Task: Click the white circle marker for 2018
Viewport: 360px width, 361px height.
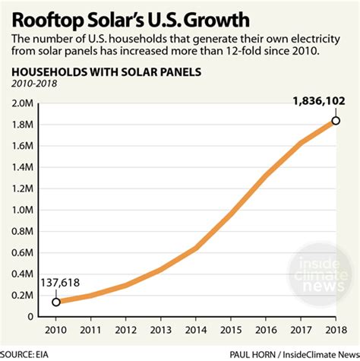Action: tap(336, 121)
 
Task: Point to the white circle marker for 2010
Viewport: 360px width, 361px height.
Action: tap(55, 302)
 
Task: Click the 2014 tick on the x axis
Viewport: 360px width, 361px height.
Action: tap(195, 331)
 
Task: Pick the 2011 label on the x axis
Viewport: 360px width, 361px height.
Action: tap(90, 331)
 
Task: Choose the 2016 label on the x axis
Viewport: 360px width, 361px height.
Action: tap(266, 331)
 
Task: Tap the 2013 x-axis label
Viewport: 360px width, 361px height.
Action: tap(160, 331)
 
